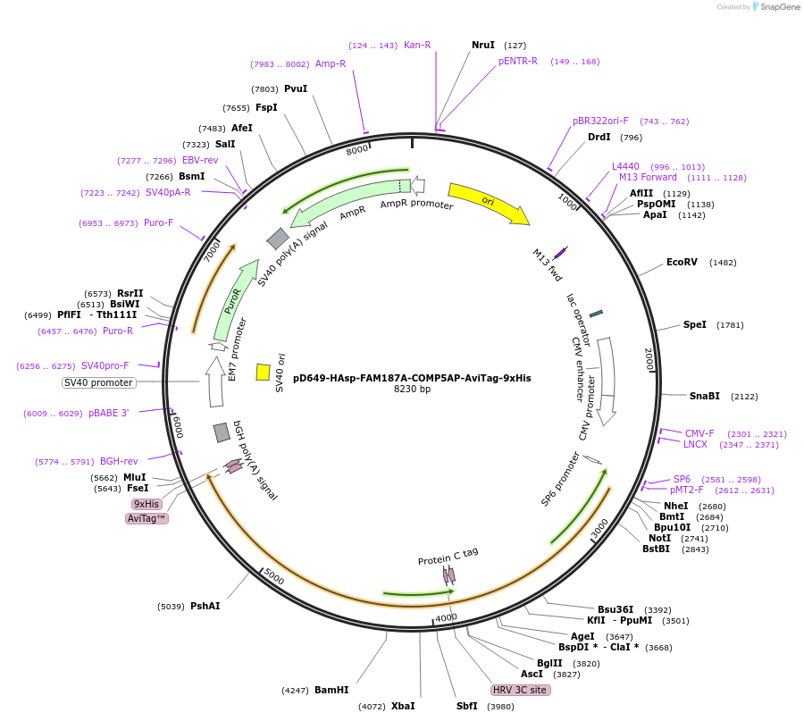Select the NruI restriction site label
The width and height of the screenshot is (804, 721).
pyautogui.click(x=483, y=45)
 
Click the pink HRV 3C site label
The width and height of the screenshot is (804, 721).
pyautogui.click(x=520, y=690)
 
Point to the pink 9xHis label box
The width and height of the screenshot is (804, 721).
pyautogui.click(x=146, y=504)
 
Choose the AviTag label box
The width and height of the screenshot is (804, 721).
pyautogui.click(x=147, y=518)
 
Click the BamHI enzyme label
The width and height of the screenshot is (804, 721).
pyautogui.click(x=331, y=690)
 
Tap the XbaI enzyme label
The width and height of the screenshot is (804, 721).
pyautogui.click(x=403, y=706)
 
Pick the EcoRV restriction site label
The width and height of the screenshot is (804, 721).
pyautogui.click(x=682, y=262)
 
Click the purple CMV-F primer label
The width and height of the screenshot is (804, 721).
pyautogui.click(x=699, y=433)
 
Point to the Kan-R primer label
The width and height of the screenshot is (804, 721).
pyautogui.click(x=417, y=45)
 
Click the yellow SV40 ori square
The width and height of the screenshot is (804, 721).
pyautogui.click(x=264, y=372)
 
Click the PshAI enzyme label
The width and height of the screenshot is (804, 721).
pyautogui.click(x=205, y=606)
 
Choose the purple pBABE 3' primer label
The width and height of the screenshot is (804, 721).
pyautogui.click(x=108, y=414)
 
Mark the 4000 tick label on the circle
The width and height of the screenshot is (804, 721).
pyautogui.click(x=446, y=617)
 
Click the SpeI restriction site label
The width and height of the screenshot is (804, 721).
pyautogui.click(x=695, y=324)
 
